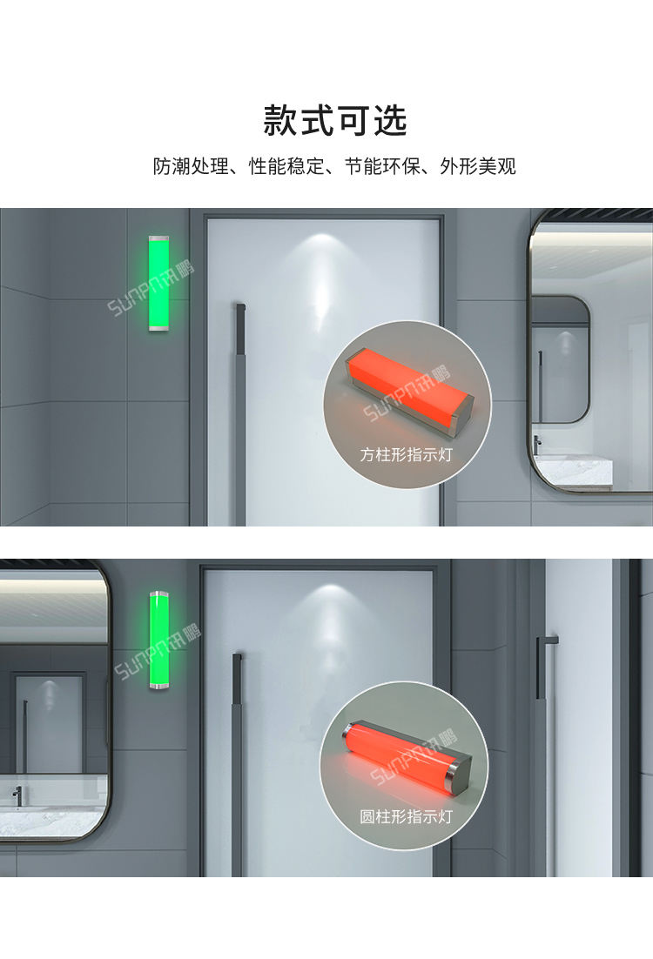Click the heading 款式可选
(335, 121)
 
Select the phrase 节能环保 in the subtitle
(382, 166)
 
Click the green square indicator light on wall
(158, 283)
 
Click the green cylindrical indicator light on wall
(158, 641)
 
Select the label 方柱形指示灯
(407, 454)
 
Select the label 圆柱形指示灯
(407, 817)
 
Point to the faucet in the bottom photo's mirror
(17, 793)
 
